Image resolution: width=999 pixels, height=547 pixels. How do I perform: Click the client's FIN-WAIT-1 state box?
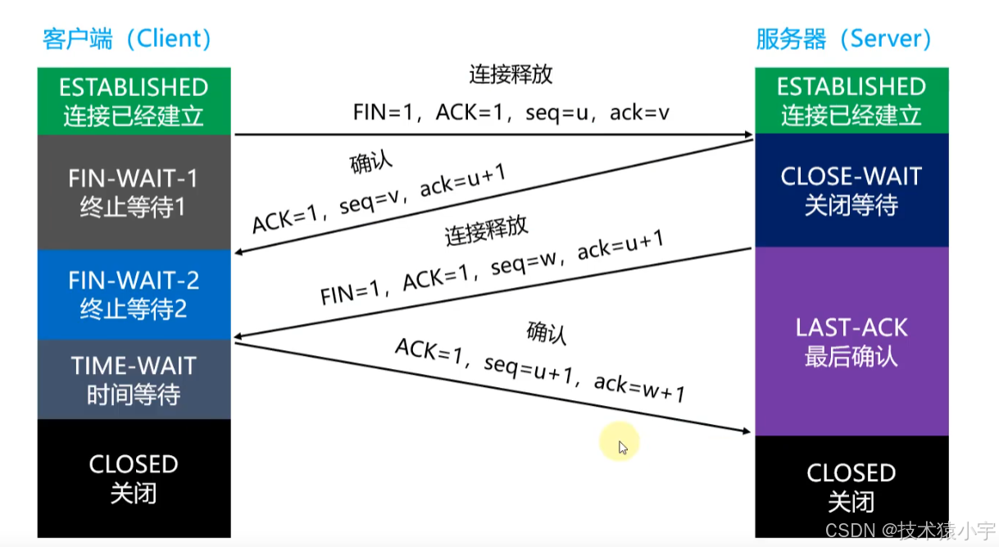click(134, 192)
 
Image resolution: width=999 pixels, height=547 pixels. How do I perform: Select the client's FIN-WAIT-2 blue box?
click(134, 294)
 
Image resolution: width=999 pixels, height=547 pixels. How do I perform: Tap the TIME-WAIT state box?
click(134, 380)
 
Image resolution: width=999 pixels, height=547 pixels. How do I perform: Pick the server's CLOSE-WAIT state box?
click(851, 190)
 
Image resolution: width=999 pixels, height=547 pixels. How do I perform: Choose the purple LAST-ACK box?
click(851, 341)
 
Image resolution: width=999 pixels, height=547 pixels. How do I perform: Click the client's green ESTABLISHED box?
click(134, 101)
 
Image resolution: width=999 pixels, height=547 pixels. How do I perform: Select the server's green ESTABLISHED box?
click(851, 101)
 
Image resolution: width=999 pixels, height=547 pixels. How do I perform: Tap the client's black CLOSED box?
click(134, 478)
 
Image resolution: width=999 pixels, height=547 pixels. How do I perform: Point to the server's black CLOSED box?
click(851, 486)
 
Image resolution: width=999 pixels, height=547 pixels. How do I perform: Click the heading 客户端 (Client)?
click(127, 39)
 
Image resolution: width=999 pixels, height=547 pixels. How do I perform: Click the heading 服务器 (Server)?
click(844, 39)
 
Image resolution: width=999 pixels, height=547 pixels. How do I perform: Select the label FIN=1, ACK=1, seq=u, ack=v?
click(511, 112)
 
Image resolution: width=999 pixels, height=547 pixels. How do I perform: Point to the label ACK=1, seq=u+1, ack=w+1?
click(539, 370)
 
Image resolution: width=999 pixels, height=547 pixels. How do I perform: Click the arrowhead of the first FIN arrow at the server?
click(747, 135)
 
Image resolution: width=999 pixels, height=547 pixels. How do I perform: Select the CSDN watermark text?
click(909, 529)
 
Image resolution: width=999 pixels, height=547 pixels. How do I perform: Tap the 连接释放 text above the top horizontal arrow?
click(511, 75)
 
